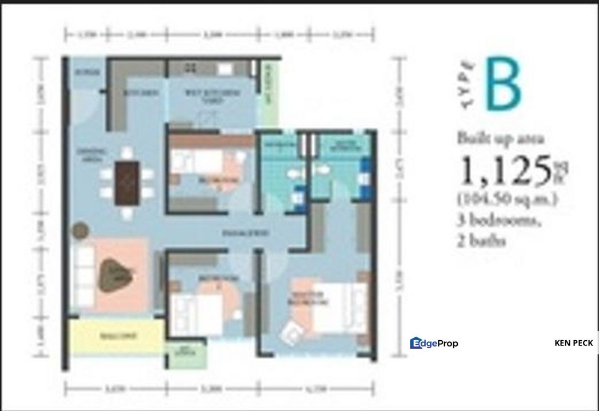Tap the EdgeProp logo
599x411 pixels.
point(434,343)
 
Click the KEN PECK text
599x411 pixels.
point(573,343)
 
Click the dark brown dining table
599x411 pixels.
point(127,183)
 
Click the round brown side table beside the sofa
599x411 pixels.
point(81,231)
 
